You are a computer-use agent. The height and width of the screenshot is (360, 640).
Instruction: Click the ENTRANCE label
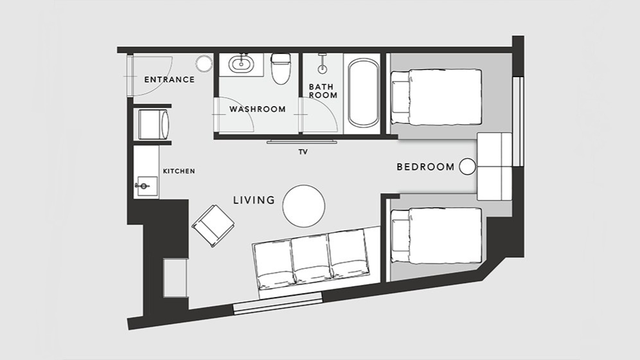[170, 80]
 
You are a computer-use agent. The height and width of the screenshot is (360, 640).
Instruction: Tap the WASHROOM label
[257, 109]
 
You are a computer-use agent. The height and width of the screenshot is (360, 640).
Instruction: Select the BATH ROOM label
[323, 91]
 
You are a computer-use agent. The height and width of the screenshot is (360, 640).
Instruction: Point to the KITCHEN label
[179, 172]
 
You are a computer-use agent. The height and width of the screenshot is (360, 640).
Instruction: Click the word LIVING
[254, 200]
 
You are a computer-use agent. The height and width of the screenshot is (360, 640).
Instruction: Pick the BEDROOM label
[426, 166]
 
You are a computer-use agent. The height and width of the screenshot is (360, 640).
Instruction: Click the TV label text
[303, 152]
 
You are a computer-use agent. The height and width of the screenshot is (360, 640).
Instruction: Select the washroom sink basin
[241, 64]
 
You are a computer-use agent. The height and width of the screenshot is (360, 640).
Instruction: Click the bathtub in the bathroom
[363, 93]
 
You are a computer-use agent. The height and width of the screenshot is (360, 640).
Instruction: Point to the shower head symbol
[323, 67]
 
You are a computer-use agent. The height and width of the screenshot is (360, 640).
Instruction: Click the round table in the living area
[304, 206]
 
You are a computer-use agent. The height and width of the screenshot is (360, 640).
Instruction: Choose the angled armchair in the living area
[213, 225]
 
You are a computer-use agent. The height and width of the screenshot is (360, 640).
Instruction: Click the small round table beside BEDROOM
[467, 166]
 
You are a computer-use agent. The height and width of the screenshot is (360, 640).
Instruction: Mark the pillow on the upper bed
[401, 96]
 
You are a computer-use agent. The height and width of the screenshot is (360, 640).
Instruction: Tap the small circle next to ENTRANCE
[204, 64]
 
